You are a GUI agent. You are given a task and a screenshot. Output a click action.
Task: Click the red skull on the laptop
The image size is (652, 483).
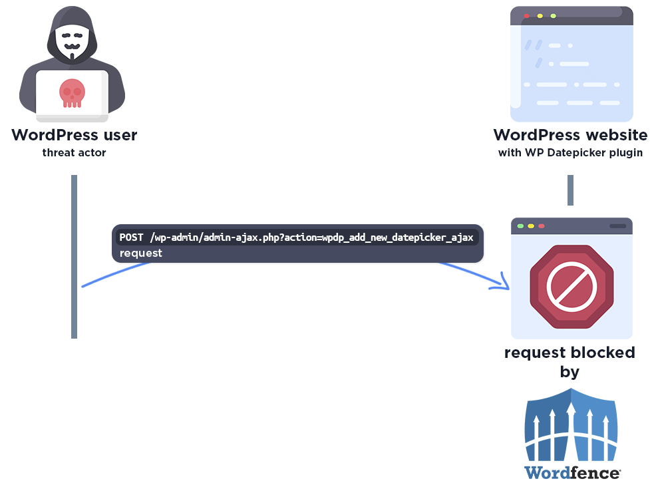71,92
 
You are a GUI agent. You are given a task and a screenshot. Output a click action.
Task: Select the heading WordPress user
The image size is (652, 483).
74,135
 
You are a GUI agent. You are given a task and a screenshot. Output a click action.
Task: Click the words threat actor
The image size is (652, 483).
74,153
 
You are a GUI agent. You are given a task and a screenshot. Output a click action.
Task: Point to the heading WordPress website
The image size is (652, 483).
570,135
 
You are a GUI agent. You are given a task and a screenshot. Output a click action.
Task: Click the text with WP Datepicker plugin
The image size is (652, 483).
570,153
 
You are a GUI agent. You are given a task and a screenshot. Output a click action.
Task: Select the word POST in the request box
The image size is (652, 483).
132,238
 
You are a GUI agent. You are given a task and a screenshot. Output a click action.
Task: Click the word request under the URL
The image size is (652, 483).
141,253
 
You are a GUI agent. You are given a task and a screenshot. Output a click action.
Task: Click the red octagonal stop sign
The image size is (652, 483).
571,286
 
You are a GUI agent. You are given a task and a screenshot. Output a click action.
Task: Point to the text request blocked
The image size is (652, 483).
570,352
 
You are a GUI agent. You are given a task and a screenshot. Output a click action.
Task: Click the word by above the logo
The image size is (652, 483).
570,371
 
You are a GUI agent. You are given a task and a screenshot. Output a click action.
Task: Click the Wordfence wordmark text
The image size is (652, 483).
571,472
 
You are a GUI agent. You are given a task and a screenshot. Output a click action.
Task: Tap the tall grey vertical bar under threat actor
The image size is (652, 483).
75,256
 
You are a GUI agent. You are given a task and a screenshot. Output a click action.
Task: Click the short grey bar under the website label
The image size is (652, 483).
570,190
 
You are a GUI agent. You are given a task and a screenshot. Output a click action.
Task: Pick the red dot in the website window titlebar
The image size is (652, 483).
527,15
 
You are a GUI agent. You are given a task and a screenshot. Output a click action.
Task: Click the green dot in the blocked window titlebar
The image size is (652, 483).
521,226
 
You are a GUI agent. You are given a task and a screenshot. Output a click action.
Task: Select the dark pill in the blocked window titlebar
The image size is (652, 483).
617,226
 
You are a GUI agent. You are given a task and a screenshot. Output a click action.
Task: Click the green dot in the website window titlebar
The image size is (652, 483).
553,15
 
